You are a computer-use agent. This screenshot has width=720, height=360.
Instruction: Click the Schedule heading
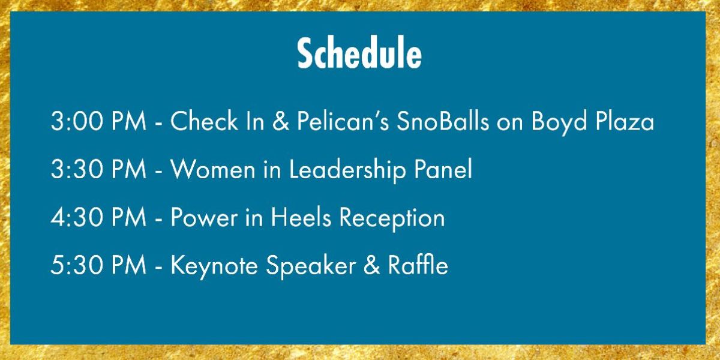[x=359, y=53]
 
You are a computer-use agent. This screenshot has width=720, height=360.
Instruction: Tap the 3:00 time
[x=77, y=121]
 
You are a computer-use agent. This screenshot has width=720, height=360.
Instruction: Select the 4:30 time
[x=77, y=218]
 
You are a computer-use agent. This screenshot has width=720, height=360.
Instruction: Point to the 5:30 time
[x=77, y=265]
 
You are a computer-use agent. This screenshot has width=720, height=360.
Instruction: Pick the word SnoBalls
[x=443, y=121]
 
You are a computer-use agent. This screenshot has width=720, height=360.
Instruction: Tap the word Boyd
[x=559, y=122]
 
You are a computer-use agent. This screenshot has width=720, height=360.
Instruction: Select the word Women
[x=213, y=169]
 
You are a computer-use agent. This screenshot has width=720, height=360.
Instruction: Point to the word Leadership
[x=348, y=170]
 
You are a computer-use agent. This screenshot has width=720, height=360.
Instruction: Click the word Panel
[x=443, y=169]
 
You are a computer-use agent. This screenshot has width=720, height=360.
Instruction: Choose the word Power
[x=204, y=218]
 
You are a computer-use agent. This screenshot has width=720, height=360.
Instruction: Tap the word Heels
[x=301, y=217]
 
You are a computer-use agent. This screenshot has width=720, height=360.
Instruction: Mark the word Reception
[x=392, y=218]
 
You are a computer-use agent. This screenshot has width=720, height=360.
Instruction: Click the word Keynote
[x=214, y=267]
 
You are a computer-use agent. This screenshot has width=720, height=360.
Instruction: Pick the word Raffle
[x=418, y=265]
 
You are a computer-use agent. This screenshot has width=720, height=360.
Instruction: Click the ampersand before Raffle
[x=371, y=265]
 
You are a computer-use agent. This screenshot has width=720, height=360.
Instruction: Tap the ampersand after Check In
[x=281, y=121]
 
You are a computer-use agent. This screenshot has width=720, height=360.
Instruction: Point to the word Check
[x=204, y=121]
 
